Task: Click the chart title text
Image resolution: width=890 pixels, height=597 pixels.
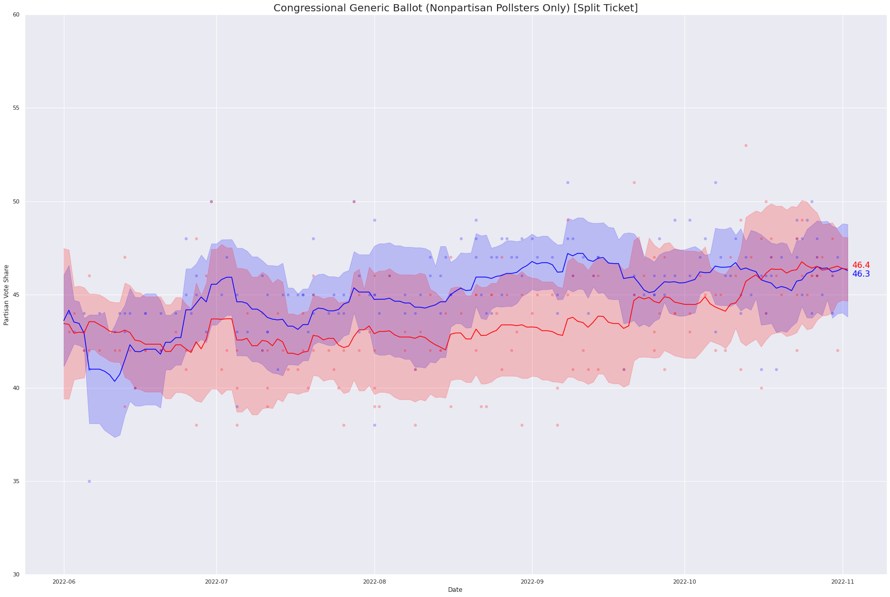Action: point(455,8)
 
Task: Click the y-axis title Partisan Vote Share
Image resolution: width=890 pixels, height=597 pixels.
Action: point(6,295)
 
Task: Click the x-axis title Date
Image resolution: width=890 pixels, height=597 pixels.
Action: point(455,590)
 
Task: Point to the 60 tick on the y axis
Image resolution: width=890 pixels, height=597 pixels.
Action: point(16,15)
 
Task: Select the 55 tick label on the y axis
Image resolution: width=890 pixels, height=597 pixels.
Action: point(16,108)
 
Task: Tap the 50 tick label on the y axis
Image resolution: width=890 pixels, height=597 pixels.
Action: point(16,201)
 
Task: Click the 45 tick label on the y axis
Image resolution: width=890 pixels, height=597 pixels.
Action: point(16,295)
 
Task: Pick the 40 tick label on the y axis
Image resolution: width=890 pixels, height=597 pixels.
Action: point(16,388)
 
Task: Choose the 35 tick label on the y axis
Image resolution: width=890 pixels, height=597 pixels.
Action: point(16,481)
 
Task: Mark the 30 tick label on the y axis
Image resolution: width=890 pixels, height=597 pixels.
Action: point(16,574)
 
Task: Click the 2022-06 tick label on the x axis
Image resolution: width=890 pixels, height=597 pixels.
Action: point(64,582)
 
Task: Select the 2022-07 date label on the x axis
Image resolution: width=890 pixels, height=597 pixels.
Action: point(216,582)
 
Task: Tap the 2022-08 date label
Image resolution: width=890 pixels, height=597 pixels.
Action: point(374,582)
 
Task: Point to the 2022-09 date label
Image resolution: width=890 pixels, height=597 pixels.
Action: point(532,582)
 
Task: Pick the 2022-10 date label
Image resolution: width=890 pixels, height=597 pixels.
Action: point(684,582)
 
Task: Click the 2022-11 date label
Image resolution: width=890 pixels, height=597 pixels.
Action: point(843,582)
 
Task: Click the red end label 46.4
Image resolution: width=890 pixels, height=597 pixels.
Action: point(861,265)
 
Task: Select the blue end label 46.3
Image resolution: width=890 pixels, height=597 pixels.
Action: point(861,274)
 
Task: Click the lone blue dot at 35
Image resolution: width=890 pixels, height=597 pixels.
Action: point(89,481)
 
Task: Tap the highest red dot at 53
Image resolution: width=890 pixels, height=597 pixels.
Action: point(746,145)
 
